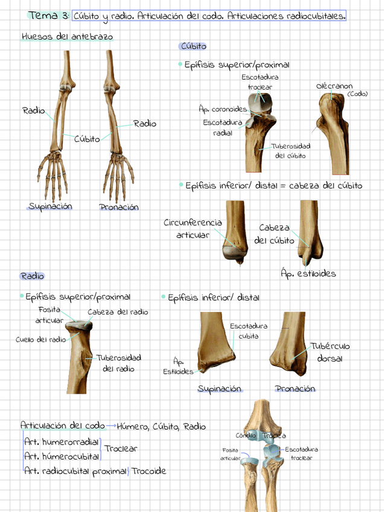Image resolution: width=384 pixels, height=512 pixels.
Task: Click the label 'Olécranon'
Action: (334, 86)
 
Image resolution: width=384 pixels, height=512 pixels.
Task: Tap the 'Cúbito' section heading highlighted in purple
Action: (193, 46)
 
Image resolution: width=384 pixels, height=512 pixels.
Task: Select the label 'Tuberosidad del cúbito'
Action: (291, 151)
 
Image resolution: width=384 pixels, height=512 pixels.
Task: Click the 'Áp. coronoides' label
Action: (223, 109)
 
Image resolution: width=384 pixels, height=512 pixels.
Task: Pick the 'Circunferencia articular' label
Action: (193, 229)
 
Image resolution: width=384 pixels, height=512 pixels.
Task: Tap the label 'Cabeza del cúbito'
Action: (274, 234)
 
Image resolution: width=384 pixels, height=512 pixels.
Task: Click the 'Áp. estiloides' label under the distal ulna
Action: (308, 274)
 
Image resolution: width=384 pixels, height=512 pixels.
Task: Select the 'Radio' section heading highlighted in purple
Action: (32, 276)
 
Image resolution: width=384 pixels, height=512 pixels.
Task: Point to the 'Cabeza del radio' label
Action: (118, 312)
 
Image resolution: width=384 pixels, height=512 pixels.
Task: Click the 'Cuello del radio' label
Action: (40, 339)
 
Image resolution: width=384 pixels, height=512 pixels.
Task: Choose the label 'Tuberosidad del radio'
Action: (118, 363)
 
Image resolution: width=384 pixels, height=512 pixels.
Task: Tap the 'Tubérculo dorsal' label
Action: (330, 352)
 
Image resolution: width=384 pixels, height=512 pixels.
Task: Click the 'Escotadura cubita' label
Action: (248, 331)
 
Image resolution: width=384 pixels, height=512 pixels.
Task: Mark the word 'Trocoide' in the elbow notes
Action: (149, 471)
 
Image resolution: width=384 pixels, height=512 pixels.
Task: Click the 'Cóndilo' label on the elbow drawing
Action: (246, 435)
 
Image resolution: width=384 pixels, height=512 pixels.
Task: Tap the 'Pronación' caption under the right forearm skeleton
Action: (118, 207)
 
